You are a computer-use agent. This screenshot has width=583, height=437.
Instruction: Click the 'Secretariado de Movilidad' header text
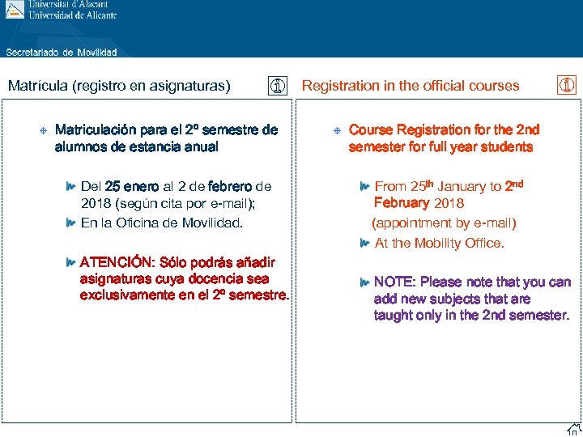pyautogui.click(x=62, y=53)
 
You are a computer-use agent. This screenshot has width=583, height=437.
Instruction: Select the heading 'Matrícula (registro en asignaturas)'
pyautogui.click(x=119, y=86)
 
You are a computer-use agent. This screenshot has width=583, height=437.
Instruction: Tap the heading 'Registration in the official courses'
pyautogui.click(x=411, y=86)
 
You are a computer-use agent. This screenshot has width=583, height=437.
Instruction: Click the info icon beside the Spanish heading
pyautogui.click(x=278, y=86)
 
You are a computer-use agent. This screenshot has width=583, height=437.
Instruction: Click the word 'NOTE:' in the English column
pyautogui.click(x=394, y=282)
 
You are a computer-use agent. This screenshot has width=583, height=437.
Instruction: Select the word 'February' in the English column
pyautogui.click(x=402, y=203)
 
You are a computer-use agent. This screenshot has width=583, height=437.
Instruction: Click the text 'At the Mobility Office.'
pyautogui.click(x=439, y=243)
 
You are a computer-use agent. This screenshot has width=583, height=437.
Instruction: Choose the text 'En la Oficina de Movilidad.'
pyautogui.click(x=162, y=223)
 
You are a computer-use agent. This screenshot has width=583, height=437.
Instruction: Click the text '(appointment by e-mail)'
pyautogui.click(x=444, y=223)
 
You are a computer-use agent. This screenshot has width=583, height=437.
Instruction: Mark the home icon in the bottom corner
pyautogui.click(x=573, y=429)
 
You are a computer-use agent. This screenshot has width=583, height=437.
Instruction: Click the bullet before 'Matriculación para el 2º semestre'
pyautogui.click(x=42, y=130)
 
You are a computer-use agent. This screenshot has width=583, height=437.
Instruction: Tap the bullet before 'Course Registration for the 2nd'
pyautogui.click(x=337, y=130)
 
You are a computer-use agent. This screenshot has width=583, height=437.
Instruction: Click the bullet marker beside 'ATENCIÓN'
pyautogui.click(x=72, y=262)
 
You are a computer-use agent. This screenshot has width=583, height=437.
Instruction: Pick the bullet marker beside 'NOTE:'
pyautogui.click(x=365, y=282)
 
